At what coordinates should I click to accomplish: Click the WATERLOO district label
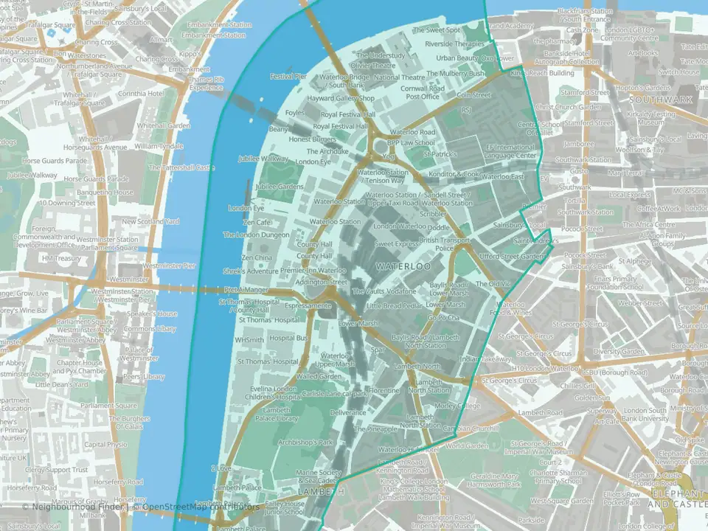coord(403,265)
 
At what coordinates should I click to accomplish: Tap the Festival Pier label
coord(288,76)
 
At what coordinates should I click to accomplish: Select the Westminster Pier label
coord(169,265)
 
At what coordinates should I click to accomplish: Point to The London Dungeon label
coord(257,235)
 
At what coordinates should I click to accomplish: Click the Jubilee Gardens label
coord(279,187)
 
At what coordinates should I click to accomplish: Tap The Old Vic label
coord(492,284)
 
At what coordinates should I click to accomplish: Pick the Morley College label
coord(457,406)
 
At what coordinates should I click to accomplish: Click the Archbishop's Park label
coord(306,442)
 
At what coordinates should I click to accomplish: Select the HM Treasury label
coord(61,259)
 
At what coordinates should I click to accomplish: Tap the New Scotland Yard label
coord(150,221)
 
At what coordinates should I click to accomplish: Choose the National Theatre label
coord(399,77)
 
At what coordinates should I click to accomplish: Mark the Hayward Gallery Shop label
coord(341,98)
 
